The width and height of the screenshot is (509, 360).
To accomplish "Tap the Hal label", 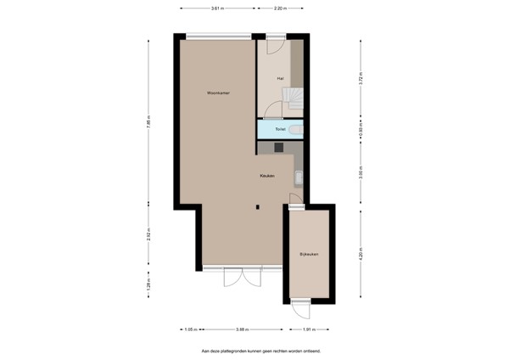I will [280, 78].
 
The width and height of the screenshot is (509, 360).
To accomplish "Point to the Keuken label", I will [267, 176].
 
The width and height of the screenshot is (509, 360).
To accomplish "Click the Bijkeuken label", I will [309, 255].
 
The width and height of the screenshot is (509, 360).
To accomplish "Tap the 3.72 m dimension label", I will [361, 79].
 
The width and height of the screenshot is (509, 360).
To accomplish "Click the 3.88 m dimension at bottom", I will [242, 329].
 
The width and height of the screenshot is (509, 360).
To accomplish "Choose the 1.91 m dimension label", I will [309, 329].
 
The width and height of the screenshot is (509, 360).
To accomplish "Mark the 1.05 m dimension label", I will [189, 329].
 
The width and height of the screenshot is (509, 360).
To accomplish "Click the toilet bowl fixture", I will [293, 129].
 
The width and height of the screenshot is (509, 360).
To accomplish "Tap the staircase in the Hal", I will [293, 98].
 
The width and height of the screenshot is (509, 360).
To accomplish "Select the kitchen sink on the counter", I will [299, 177].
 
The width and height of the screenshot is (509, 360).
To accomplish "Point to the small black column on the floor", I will [257, 205].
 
